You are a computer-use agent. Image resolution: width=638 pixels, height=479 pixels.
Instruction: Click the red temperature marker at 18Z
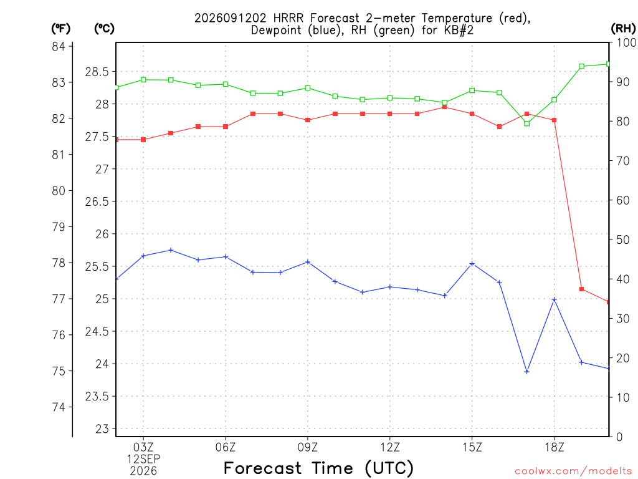tap(554, 120)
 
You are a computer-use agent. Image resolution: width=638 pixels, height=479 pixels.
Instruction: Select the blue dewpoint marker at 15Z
tap(472, 264)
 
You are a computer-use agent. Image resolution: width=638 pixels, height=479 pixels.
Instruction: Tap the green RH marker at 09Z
tap(308, 88)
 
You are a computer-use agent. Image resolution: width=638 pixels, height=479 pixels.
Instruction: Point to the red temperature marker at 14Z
tap(445, 107)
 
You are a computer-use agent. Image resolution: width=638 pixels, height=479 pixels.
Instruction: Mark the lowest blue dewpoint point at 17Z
tap(527, 372)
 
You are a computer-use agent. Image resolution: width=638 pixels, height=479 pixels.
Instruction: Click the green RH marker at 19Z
tap(581, 66)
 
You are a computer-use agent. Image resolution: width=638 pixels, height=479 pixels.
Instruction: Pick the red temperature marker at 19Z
tap(581, 289)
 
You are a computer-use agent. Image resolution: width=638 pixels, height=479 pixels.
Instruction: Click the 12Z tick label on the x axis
tap(390, 447)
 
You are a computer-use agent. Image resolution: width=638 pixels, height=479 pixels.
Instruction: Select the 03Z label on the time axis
tap(143, 447)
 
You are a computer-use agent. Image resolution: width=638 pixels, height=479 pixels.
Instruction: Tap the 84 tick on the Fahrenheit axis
tap(59, 46)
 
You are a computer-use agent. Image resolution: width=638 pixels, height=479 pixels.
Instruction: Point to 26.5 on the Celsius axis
tap(97, 201)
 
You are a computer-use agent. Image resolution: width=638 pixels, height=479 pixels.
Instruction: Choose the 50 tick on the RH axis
tap(623, 239)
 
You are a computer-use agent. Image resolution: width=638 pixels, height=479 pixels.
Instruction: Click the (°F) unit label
tap(60, 29)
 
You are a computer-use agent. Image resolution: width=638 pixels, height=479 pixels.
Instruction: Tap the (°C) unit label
tap(104, 29)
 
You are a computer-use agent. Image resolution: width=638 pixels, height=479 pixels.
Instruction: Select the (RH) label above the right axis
tap(623, 29)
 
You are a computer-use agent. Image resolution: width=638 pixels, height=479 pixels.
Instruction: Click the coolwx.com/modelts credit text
tap(573, 472)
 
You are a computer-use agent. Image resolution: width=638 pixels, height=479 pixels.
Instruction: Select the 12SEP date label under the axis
tap(143, 459)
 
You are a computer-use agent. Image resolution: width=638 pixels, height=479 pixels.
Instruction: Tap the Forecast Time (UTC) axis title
tap(318, 468)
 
